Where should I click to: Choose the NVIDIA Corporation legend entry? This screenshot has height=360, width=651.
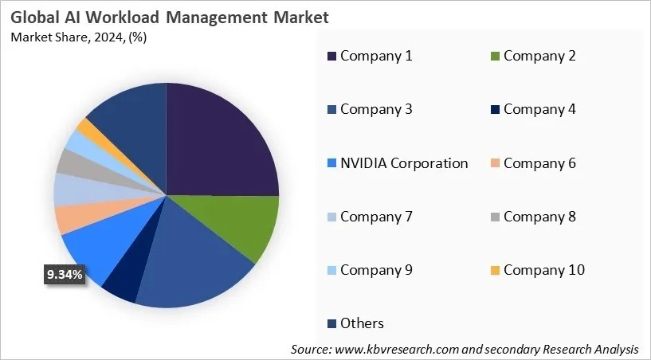[x=404, y=163]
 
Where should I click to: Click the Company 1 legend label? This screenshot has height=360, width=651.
[x=376, y=56]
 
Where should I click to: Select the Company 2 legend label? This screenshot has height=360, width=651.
[x=539, y=56]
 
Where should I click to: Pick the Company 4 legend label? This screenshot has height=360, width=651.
[x=539, y=109]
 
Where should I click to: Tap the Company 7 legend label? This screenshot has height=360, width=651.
[x=376, y=216]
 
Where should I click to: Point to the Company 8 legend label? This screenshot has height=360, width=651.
[x=539, y=216]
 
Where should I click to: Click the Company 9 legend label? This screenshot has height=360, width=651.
[x=376, y=269]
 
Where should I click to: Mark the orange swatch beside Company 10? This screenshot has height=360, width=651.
[x=494, y=270]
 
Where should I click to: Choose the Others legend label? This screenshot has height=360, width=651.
[x=362, y=323]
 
